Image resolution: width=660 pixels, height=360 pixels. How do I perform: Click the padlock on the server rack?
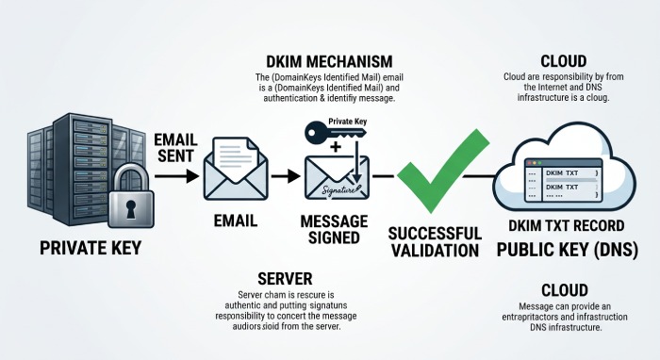point(130,197)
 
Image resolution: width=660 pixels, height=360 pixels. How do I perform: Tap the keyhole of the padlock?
point(131,209)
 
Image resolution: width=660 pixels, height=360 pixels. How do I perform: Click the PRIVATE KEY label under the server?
point(91,248)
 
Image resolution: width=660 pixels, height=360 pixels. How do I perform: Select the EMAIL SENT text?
point(175,148)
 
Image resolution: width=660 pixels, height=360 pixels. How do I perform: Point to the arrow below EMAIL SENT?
point(177,176)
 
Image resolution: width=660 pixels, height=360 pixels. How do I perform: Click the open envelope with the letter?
point(236,169)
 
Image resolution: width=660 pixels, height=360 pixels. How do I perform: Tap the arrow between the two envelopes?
point(286,176)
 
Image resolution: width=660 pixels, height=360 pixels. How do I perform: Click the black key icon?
point(335,133)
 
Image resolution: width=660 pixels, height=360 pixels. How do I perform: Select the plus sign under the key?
point(336,148)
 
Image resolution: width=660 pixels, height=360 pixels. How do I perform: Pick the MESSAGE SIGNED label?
point(334,229)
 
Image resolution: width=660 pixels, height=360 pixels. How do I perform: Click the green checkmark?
point(443,171)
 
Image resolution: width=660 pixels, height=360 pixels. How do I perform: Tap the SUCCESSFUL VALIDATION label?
point(435,242)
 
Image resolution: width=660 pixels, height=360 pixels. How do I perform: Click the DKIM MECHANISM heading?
point(329,61)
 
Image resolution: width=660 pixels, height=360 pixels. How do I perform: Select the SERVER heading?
point(285,279)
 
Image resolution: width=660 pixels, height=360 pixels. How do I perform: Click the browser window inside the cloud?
point(563,180)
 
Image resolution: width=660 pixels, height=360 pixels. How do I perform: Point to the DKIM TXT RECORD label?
point(566,226)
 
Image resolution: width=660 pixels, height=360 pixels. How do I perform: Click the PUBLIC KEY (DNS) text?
point(568,249)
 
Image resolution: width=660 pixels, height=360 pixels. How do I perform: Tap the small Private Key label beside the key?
point(348,122)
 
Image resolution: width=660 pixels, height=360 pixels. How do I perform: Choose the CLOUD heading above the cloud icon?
point(564,61)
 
